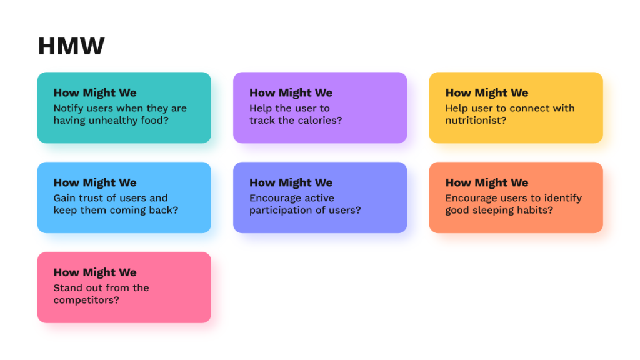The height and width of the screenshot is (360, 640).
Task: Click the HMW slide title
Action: (x=71, y=46)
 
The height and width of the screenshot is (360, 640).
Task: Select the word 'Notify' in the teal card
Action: (x=68, y=108)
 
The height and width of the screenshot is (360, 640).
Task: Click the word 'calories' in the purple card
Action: (x=317, y=121)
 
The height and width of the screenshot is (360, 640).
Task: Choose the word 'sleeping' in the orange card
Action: (x=496, y=211)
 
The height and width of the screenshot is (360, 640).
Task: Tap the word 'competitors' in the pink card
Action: (x=86, y=301)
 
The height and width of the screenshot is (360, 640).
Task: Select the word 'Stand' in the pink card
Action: (x=67, y=288)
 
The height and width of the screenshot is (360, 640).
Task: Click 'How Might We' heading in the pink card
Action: (x=95, y=272)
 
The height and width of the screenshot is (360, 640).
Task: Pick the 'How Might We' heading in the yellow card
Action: (x=487, y=92)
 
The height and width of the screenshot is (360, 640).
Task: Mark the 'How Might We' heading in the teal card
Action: (x=95, y=92)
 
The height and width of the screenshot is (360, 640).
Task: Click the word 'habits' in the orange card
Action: (x=536, y=211)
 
